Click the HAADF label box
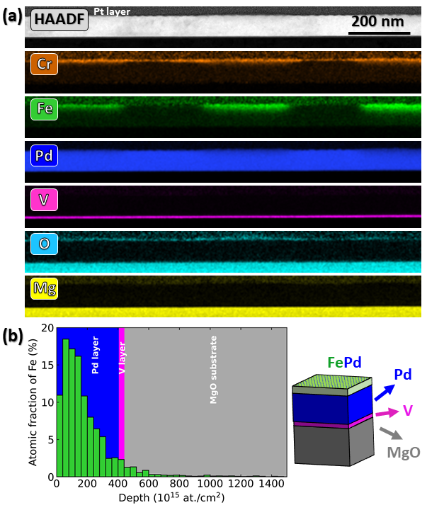pos(59,21)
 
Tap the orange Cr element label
pos(44,65)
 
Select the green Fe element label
pos(44,110)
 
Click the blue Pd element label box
pos(44,154)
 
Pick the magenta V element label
pos(44,199)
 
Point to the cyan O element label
pos(44,244)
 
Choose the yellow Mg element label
pos(44,288)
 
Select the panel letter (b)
pos(11,334)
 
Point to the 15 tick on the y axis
pos(47,365)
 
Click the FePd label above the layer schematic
pos(344,362)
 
